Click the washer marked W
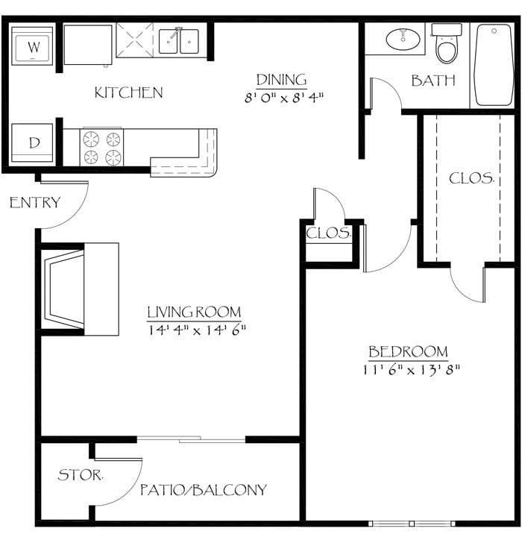pyautogui.click(x=33, y=46)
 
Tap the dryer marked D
pyautogui.click(x=33, y=141)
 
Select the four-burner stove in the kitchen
pyautogui.click(x=102, y=147)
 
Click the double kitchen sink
pyautogui.click(x=179, y=41)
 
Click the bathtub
pyautogui.click(x=493, y=65)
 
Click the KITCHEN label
pyautogui.click(x=128, y=92)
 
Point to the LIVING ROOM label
pyautogui.click(x=193, y=312)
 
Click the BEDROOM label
pyautogui.click(x=408, y=351)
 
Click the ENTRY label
pyautogui.click(x=34, y=202)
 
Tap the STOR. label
pyautogui.click(x=81, y=474)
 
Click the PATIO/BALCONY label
pyautogui.click(x=203, y=490)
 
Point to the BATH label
pyautogui.click(x=433, y=80)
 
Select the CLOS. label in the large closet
pyautogui.click(x=471, y=178)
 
